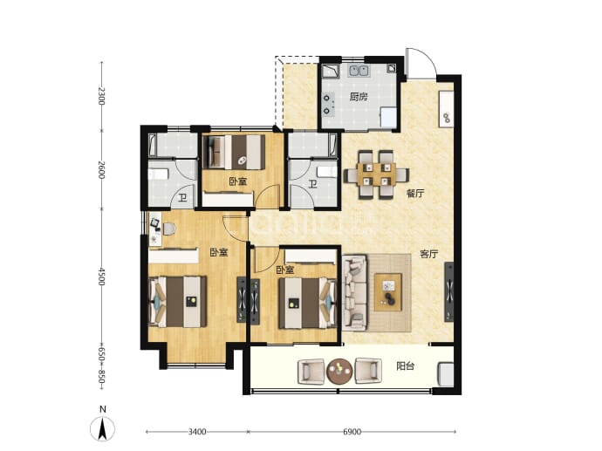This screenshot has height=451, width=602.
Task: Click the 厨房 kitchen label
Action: [x=359, y=97]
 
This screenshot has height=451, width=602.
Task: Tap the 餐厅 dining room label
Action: [x=415, y=193]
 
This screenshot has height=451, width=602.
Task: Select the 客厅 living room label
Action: [x=429, y=254]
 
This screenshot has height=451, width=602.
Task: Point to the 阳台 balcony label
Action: [x=405, y=366]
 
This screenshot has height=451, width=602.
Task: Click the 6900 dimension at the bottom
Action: [x=352, y=432]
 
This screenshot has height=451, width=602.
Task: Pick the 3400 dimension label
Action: [x=197, y=432]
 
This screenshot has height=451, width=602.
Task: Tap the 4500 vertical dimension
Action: [x=101, y=277]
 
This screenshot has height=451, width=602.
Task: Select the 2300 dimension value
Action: [x=101, y=96]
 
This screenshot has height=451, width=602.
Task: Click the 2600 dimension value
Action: [x=101, y=169]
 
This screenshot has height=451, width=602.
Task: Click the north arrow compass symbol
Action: [x=102, y=428]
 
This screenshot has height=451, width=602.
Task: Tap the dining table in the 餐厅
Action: [x=376, y=174]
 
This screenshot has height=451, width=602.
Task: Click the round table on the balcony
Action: [x=339, y=371]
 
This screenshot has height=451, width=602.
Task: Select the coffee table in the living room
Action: [x=388, y=292]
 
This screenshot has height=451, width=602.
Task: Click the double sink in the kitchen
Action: [x=359, y=71]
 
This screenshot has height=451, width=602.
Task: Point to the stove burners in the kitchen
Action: [x=327, y=105]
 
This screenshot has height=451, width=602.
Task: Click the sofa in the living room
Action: [x=355, y=292]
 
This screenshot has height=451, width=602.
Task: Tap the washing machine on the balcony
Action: [x=446, y=374]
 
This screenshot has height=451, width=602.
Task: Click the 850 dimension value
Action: [x=101, y=377]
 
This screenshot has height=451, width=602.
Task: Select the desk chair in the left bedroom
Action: [x=169, y=229]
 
